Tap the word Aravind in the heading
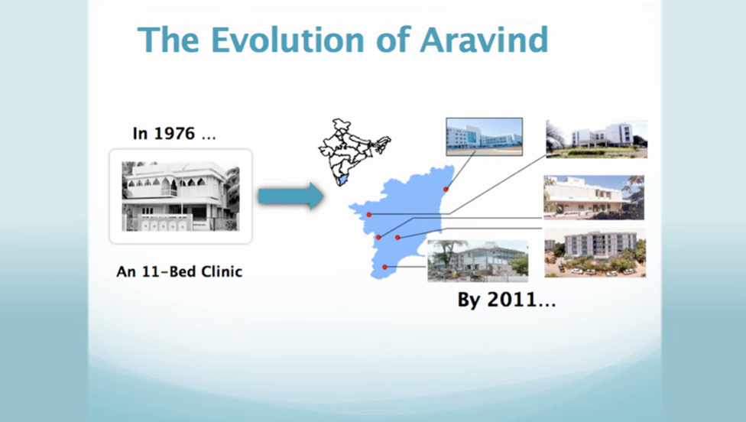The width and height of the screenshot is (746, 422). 484,40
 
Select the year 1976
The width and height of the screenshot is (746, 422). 174,134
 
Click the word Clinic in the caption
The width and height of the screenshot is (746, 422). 221,271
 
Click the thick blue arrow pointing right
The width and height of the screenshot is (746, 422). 291,196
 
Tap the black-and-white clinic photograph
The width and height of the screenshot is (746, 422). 181,196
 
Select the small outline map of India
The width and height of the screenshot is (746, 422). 354,152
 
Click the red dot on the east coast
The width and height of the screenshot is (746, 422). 446,190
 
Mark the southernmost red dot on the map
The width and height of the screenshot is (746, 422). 384,268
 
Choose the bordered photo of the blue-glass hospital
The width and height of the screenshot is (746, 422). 485,137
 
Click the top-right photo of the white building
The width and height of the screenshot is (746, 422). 597,139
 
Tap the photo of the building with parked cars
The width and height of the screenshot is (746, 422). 595,252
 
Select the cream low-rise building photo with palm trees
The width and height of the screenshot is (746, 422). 594,197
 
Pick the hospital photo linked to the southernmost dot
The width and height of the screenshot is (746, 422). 478,261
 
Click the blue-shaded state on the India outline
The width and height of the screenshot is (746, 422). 341,180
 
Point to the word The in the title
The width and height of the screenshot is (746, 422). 168,40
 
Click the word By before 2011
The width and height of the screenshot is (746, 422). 469,300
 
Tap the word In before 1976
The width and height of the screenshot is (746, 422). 140,134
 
